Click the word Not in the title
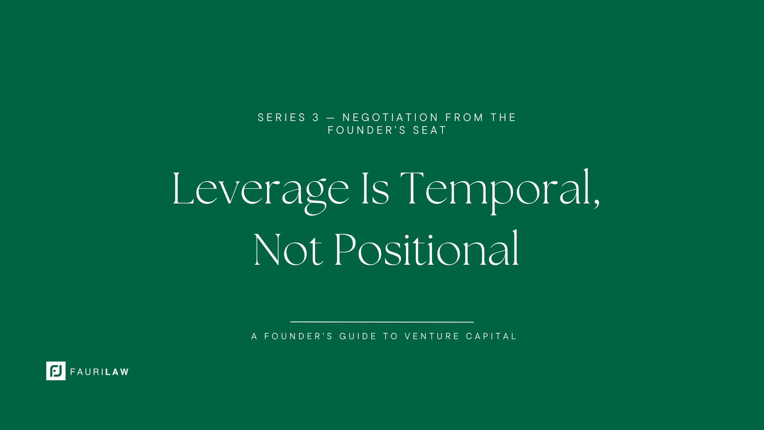click(x=288, y=249)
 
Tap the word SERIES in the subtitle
click(x=282, y=117)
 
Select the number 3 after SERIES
click(x=316, y=117)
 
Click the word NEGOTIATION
click(x=390, y=117)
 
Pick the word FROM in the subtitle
click(x=464, y=117)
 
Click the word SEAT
click(x=430, y=130)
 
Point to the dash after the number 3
click(x=331, y=118)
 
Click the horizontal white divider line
click(x=382, y=322)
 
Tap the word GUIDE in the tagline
click(x=358, y=336)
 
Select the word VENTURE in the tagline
click(x=432, y=336)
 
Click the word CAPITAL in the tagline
click(x=491, y=336)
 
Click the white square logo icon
click(x=56, y=371)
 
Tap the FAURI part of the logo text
click(x=87, y=372)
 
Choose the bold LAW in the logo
click(x=117, y=372)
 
